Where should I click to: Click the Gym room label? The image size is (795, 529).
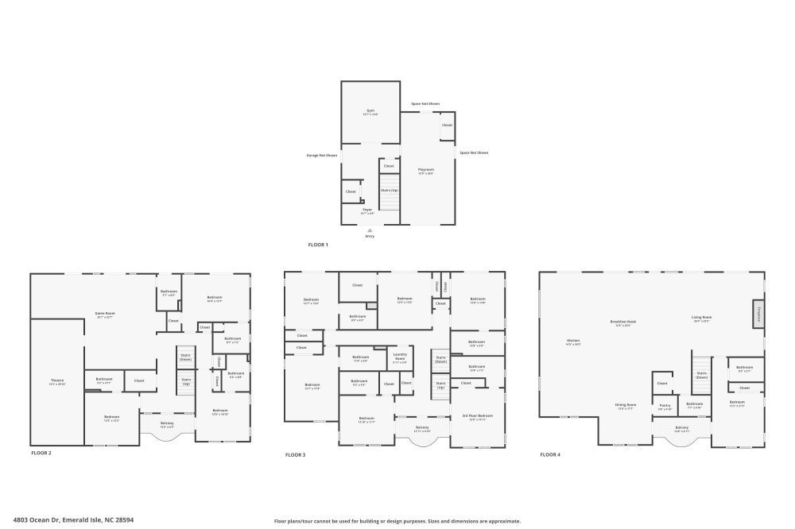[370, 111]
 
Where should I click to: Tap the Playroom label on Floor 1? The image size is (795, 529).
[426, 169]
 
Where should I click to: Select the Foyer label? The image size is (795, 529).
[367, 210]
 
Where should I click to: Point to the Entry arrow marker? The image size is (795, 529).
[370, 231]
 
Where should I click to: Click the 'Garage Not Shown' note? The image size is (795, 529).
[322, 155]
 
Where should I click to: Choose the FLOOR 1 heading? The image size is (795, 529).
[318, 245]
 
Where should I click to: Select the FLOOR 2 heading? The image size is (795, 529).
[41, 453]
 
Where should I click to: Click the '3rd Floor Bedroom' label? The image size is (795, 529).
[478, 416]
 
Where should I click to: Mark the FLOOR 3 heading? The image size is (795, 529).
[295, 455]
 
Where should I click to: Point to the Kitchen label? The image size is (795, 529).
[573, 340]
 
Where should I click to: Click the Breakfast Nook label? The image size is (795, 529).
[623, 322]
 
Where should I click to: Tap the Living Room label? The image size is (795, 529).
[701, 318]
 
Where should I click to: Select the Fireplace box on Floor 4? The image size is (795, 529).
[759, 313]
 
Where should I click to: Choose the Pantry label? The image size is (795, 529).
[665, 405]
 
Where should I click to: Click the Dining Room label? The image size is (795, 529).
[626, 405]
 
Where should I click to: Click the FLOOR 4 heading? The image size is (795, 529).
[549, 454]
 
